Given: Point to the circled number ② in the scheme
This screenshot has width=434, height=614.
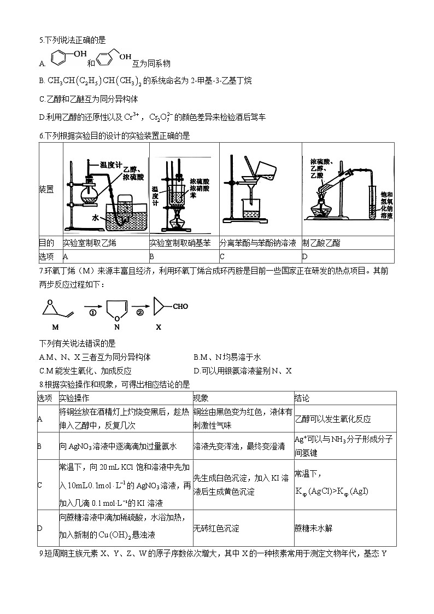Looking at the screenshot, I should point(140,313).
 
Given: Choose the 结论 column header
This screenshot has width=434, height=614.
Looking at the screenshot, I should point(302,398).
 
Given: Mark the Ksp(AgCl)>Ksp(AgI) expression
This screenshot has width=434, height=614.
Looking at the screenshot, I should point(332,491).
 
